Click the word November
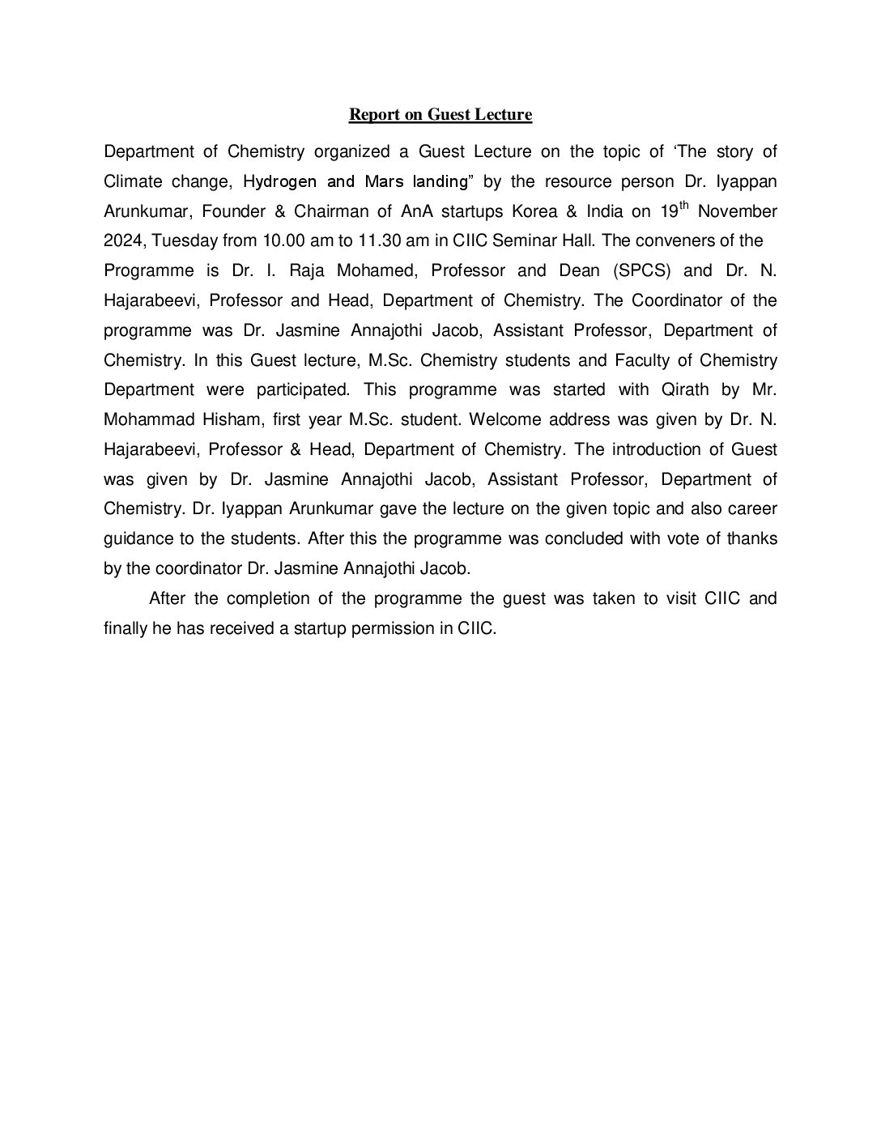(x=737, y=212)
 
